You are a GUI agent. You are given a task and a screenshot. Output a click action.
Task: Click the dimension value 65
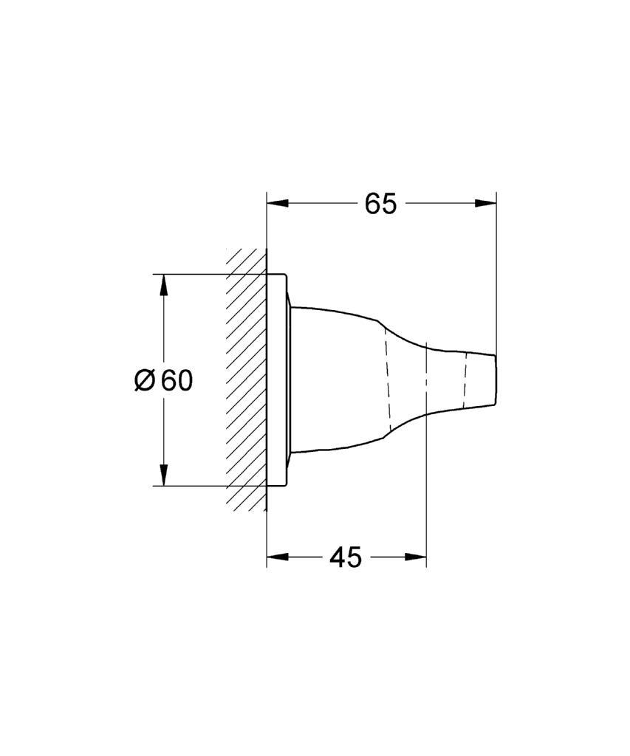click(380, 204)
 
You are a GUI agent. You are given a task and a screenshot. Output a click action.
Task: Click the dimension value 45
click(346, 558)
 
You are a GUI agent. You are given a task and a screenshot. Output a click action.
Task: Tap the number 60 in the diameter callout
click(177, 381)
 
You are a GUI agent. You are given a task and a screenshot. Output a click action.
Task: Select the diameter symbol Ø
click(145, 381)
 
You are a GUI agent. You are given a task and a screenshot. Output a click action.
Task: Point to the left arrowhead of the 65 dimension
click(278, 204)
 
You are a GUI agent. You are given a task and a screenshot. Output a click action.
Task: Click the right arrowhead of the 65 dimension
click(485, 204)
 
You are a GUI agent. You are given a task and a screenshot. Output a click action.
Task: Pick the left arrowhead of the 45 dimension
click(278, 557)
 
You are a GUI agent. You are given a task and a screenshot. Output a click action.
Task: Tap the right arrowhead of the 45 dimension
click(416, 557)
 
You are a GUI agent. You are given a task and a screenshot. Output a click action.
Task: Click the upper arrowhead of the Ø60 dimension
click(164, 286)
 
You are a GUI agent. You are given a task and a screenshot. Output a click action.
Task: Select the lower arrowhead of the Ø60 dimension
click(164, 475)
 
